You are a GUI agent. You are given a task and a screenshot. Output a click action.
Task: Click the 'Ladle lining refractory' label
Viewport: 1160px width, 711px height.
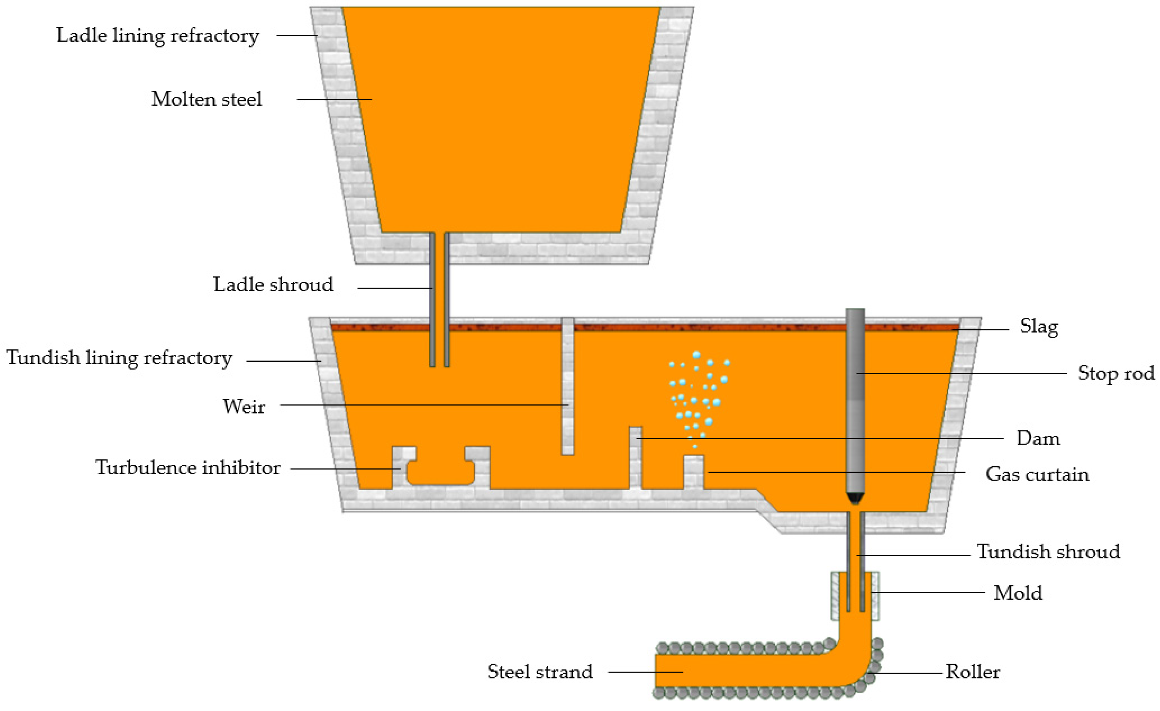point(158,36)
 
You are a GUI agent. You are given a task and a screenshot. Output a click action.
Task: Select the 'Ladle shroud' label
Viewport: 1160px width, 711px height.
point(273,285)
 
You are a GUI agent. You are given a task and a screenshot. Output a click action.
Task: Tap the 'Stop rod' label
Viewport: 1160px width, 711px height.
point(1116,373)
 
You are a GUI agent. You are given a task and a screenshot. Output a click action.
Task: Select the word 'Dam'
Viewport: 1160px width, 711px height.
point(1038,439)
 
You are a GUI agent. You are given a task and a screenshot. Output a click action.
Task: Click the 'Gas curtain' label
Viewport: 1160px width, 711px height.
point(1037,474)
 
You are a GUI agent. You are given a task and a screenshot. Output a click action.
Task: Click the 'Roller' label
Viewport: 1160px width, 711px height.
point(973,672)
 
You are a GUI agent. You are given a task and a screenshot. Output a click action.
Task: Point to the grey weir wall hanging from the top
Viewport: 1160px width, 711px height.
point(567,386)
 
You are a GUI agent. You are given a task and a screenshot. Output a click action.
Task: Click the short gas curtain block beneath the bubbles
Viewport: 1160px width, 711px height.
point(693,472)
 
